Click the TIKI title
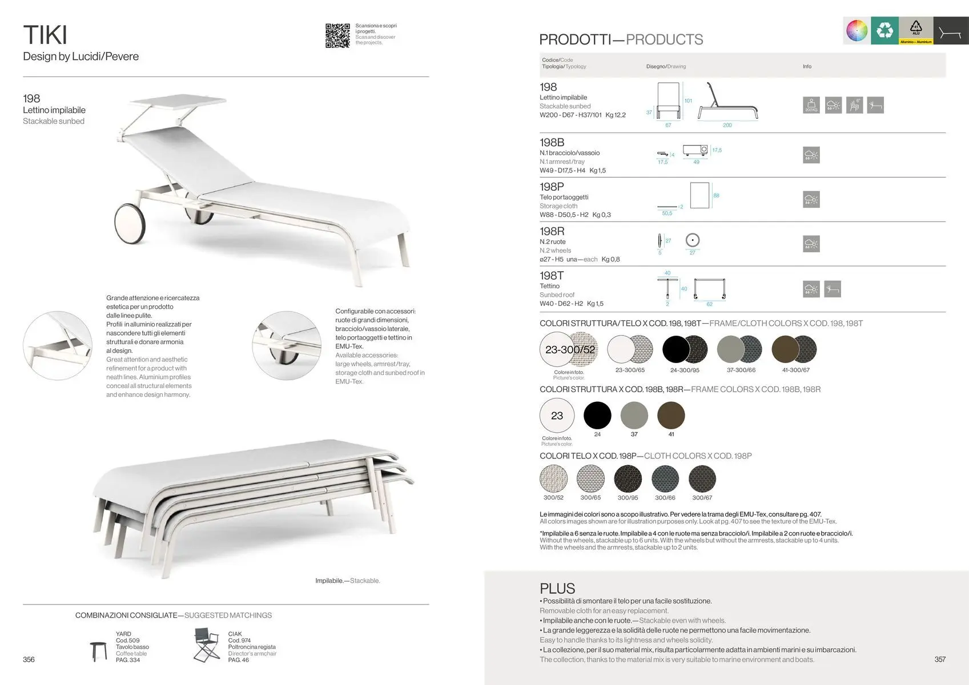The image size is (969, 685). coord(45,35)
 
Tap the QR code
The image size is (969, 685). coord(337,35)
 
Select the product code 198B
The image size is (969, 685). coord(552,142)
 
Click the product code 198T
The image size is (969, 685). coord(551,276)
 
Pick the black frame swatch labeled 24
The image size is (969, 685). coord(597,415)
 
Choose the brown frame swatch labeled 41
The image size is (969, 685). coord(671,415)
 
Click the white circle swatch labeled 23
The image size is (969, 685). coord(557,416)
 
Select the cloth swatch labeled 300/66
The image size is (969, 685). coord(665,479)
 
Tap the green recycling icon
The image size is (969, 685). coord(884,30)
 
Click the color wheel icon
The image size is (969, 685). coord(857,30)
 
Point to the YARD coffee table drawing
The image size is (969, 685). coord(98,650)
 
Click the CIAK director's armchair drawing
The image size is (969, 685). coord(206,646)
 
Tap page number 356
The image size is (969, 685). coord(29,659)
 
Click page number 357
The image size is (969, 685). coord(940,659)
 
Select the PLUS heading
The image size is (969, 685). coord(557,589)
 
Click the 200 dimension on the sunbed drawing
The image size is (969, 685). coord(727,125)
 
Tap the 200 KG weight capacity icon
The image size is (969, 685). coord(811,105)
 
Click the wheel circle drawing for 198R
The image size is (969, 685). coord(693,240)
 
